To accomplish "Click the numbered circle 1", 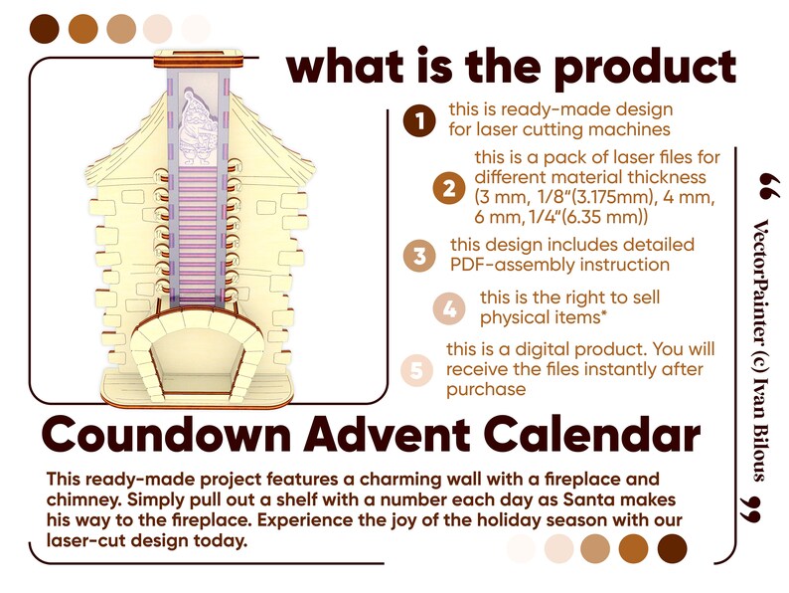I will tap(418, 120).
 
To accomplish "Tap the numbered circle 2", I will tap(449, 189).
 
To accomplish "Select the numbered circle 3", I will tap(420, 255).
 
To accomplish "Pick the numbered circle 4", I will tap(450, 307).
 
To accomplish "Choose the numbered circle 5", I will tap(416, 370).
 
